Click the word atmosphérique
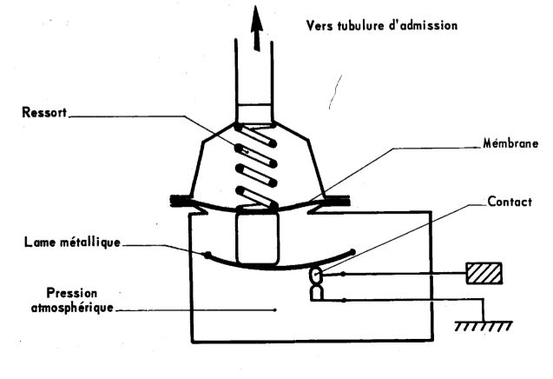[65, 308]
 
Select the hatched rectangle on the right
[484, 273]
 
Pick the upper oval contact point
[315, 276]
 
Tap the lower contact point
[316, 294]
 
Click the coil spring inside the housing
[254, 165]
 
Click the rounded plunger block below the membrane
[254, 239]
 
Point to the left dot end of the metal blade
[206, 255]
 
